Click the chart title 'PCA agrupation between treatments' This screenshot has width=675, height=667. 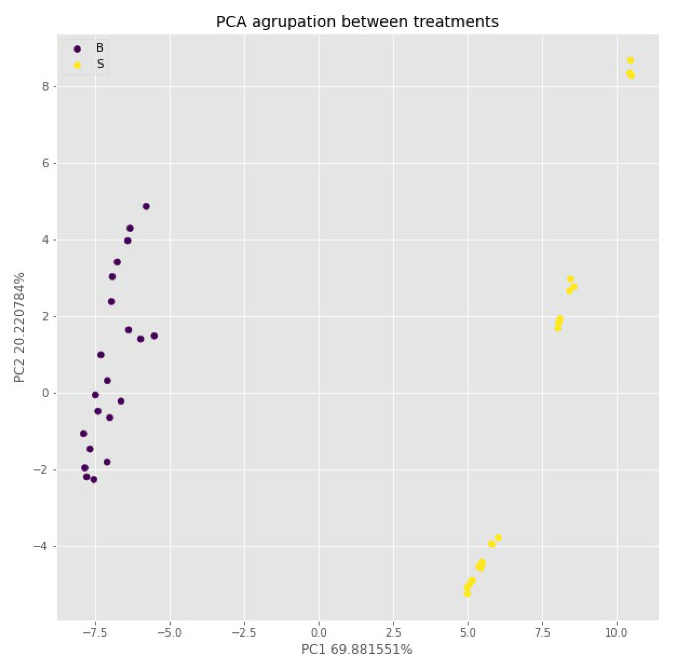pos(357,22)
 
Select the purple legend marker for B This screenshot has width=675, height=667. pos(77,49)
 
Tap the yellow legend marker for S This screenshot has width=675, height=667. pos(77,65)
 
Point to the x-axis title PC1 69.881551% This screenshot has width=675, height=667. pos(357,649)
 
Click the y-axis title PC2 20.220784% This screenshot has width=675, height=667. pos(19,327)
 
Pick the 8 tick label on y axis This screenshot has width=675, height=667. pos(45,87)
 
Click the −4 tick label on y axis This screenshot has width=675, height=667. pos(41,546)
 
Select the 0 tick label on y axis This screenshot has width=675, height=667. pos(45,393)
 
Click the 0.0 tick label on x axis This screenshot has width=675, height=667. pos(318,632)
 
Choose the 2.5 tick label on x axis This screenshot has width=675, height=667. pos(394,632)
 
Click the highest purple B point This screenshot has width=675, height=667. pos(146,206)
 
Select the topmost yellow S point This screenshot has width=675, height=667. pos(630,60)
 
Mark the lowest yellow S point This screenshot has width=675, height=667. pos(468,593)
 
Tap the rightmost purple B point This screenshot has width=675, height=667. pos(154,336)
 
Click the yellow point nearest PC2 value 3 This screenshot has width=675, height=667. pos(570,279)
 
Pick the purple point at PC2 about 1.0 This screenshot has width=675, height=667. pos(101,355)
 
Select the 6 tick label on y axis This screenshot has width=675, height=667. pos(45,163)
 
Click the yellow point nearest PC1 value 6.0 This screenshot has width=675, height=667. pos(498,538)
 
